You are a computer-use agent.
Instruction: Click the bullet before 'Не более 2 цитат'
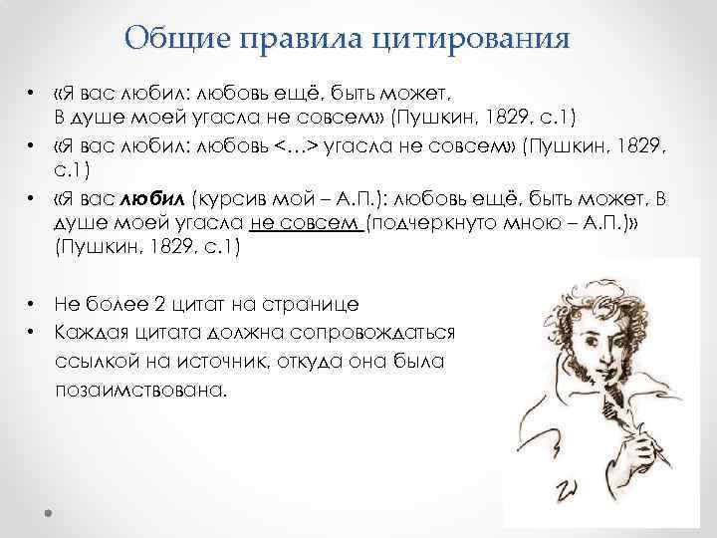point(32,303)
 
